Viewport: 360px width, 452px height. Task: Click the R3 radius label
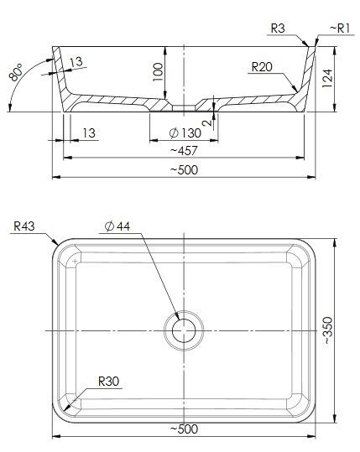tap(279, 29)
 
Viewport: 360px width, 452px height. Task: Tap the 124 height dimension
tap(328, 81)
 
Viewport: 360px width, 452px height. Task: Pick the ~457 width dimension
tap(183, 150)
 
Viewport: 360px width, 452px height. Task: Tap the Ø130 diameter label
tap(184, 133)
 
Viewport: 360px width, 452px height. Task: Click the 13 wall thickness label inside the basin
tap(76, 61)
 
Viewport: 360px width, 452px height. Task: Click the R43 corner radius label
tap(25, 225)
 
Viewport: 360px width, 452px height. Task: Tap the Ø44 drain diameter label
tap(117, 226)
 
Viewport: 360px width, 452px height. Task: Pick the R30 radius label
tap(109, 382)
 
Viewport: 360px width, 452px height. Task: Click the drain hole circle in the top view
tap(184, 331)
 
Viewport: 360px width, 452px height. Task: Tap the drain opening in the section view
tap(184, 107)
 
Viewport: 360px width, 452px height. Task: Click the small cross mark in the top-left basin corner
tap(76, 262)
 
